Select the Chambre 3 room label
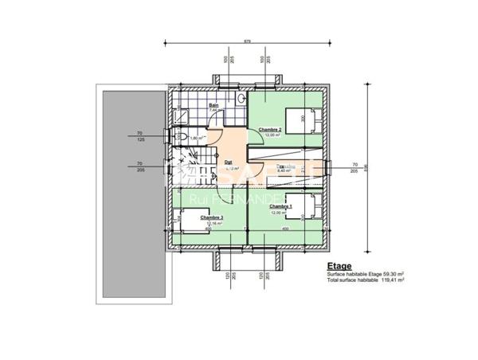click(211, 217)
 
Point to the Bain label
click(214, 105)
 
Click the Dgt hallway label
click(228, 162)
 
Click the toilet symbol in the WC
click(182, 138)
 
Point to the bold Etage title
click(338, 268)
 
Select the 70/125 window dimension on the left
click(139, 136)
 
